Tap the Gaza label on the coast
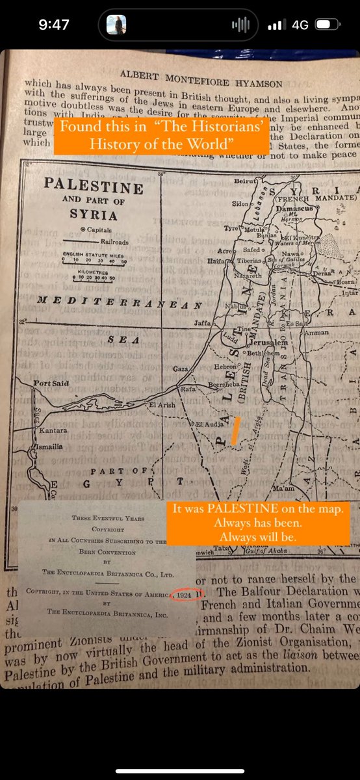pos(180,369)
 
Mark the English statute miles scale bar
pos(95,261)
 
